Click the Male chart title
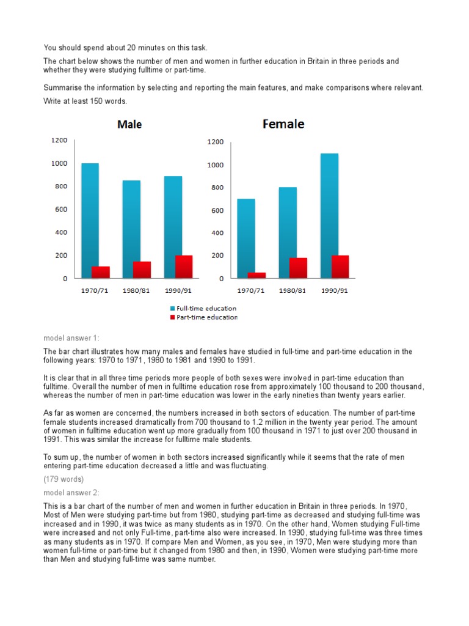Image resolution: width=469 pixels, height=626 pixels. click(x=129, y=125)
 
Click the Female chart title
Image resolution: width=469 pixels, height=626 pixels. click(x=283, y=124)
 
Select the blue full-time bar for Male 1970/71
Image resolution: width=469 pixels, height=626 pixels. click(x=90, y=220)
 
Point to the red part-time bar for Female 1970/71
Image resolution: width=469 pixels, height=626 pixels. click(x=256, y=275)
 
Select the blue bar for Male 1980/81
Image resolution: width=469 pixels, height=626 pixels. click(x=131, y=229)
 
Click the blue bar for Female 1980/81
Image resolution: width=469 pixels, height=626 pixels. click(x=287, y=232)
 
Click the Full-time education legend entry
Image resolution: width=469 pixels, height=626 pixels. click(x=206, y=309)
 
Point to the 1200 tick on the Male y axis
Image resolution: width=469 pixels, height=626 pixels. click(x=59, y=140)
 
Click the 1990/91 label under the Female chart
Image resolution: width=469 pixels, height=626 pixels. click(x=334, y=290)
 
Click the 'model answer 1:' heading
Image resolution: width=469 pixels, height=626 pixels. click(x=71, y=338)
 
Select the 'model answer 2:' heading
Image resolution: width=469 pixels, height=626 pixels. click(x=71, y=492)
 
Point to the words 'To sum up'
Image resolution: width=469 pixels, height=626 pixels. click(x=61, y=457)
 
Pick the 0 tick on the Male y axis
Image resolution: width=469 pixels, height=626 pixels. click(x=65, y=278)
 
